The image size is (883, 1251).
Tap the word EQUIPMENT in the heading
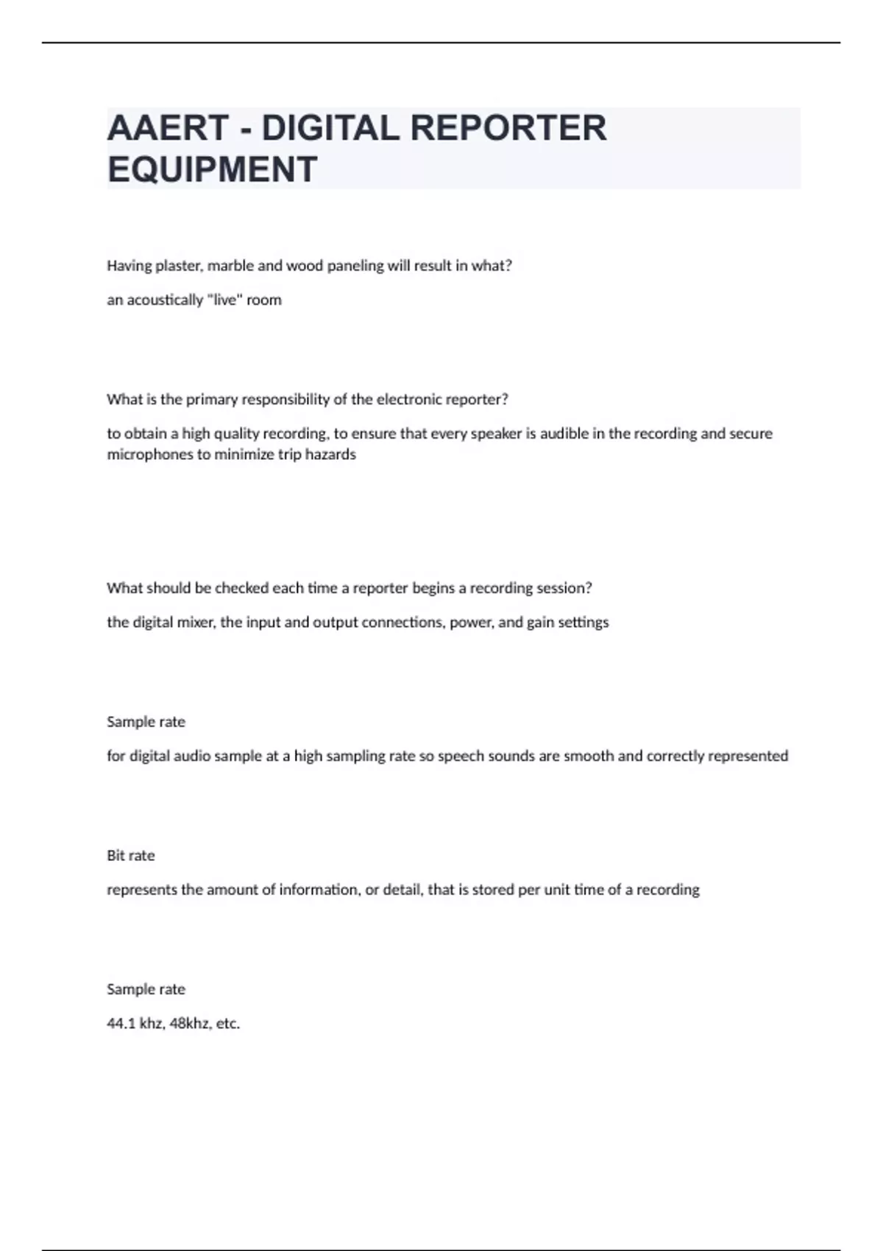click(x=212, y=169)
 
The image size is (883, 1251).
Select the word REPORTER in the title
click(x=508, y=128)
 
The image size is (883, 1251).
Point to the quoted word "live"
click(x=224, y=300)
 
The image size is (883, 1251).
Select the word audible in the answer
click(x=564, y=433)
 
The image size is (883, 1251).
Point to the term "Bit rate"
click(x=131, y=855)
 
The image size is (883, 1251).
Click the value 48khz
click(x=190, y=1023)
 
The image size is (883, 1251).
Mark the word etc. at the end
click(x=228, y=1023)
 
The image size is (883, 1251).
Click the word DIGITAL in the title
click(x=330, y=128)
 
